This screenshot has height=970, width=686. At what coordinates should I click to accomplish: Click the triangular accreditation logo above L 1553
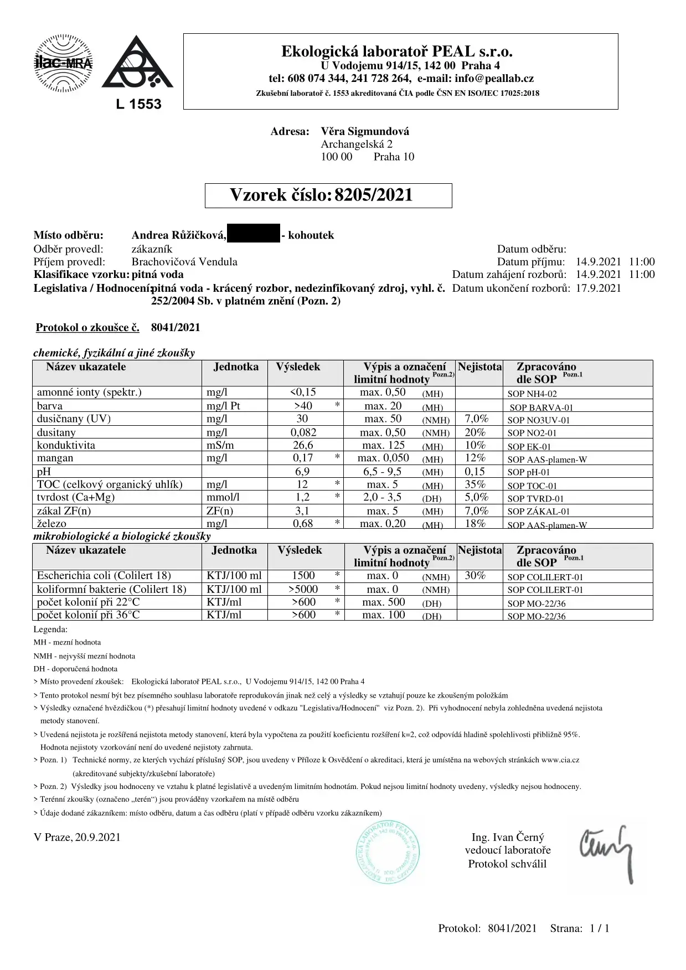pos(137,65)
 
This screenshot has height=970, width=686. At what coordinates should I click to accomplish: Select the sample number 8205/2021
pos(374,195)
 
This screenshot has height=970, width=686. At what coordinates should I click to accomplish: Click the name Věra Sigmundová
pos(365,132)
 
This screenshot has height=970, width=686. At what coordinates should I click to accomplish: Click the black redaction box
pos(254,235)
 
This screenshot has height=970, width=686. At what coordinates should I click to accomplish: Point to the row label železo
pos(51,523)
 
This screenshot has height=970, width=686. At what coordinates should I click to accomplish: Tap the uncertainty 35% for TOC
pos(475,484)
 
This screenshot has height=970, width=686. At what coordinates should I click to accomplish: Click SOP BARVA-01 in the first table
pos(541,407)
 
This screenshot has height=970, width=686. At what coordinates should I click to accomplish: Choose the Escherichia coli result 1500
pos(303,576)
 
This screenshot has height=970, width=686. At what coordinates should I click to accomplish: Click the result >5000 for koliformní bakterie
pos(303,589)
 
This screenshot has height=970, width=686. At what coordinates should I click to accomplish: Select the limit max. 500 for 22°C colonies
pos(383,602)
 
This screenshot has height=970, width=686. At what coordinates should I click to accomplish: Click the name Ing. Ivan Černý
pos(507,837)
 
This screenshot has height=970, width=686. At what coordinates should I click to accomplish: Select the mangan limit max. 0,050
pos(383,458)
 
